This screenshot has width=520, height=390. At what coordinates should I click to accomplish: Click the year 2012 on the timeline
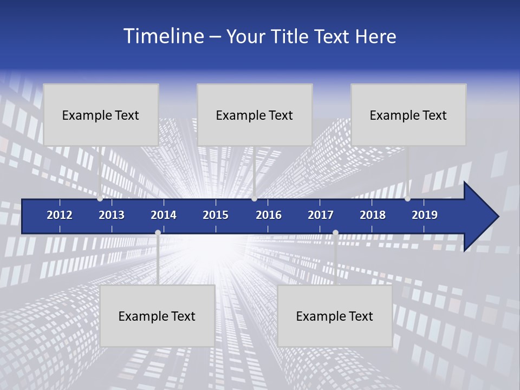60,215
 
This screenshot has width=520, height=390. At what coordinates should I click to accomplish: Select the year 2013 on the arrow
112,215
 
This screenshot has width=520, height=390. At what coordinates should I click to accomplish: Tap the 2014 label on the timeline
164,215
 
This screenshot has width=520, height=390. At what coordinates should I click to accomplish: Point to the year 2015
216,215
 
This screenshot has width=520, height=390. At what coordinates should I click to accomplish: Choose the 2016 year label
269,215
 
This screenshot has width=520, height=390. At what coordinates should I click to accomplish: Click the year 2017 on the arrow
321,215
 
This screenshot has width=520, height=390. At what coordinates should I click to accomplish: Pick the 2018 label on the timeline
373,215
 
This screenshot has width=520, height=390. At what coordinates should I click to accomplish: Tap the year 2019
425,215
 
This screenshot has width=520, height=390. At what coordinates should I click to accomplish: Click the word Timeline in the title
163,36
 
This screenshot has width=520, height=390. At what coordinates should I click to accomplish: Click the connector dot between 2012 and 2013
100,199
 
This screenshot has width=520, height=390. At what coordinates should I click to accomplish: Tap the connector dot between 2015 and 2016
254,199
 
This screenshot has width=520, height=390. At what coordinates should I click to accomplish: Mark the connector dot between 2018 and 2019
407,199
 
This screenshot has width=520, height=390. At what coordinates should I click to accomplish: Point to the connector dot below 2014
158,233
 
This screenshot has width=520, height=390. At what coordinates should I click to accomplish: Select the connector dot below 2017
335,233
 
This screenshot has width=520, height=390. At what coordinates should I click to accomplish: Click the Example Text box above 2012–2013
101,115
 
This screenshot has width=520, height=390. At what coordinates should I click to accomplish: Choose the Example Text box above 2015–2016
255,115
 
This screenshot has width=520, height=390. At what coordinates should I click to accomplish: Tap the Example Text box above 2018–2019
408,115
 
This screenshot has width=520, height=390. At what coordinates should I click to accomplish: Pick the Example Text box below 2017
335,316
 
